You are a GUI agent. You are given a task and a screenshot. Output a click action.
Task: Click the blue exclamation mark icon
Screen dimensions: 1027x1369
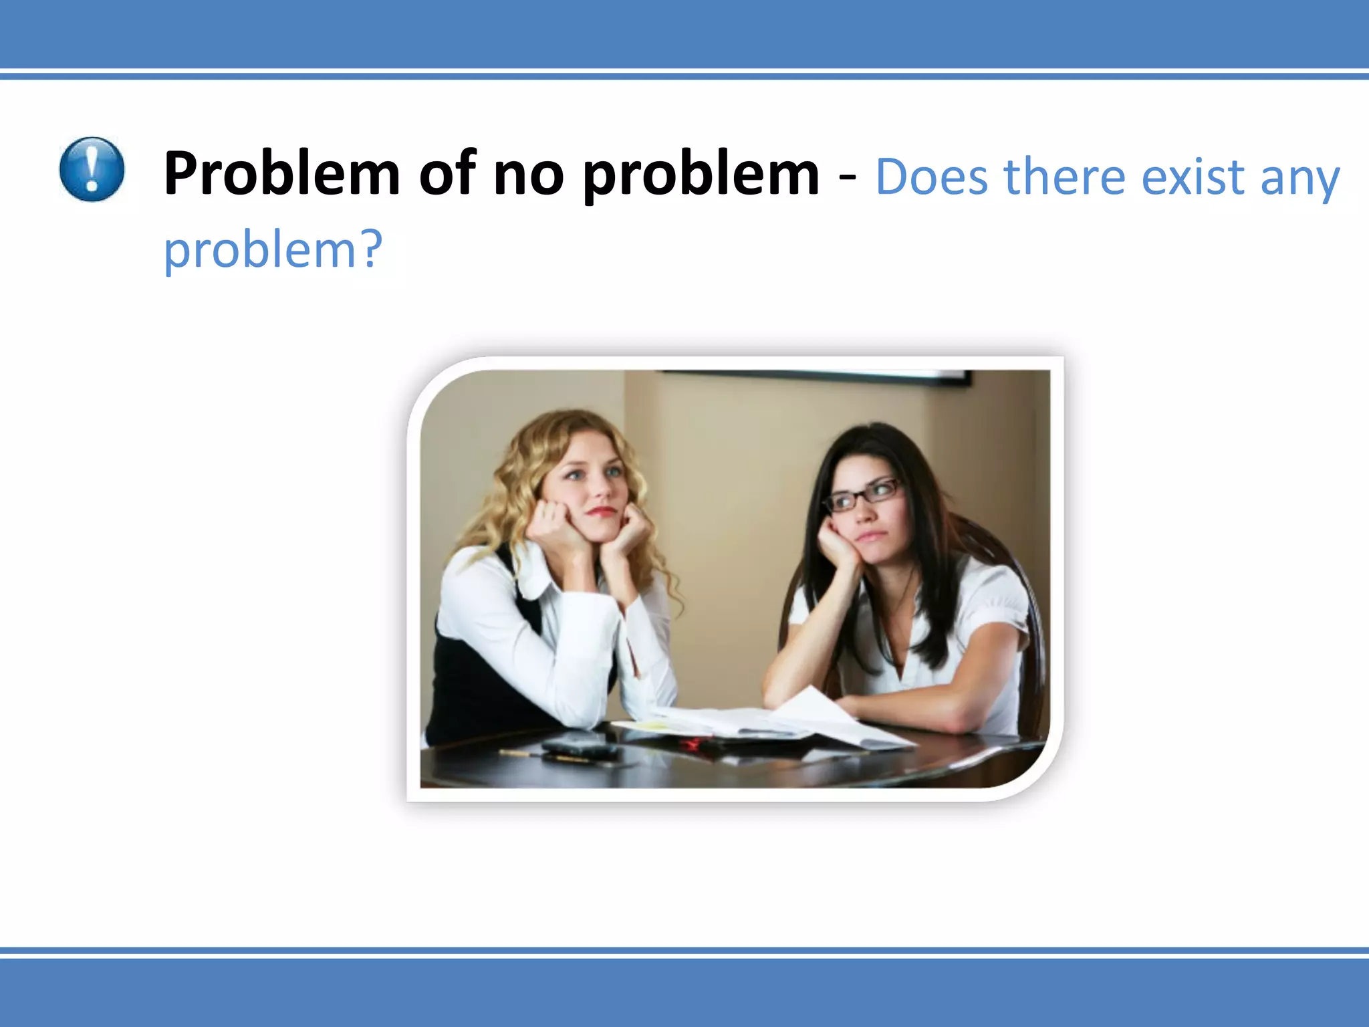92,169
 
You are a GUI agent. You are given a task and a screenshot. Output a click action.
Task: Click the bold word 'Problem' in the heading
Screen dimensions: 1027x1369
281,174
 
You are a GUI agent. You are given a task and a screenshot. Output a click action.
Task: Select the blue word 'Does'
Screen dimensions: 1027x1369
931,177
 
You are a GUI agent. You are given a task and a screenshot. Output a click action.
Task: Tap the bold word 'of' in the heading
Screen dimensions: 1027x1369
447,174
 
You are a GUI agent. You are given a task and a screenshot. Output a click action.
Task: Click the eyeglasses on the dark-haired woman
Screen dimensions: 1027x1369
862,495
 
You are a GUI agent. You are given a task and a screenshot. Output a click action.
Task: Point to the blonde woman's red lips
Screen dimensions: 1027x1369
602,511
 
